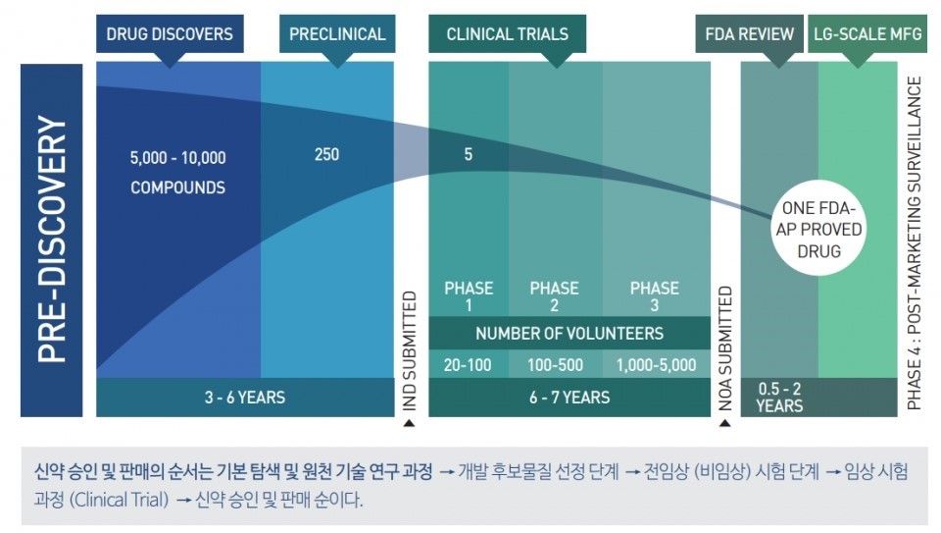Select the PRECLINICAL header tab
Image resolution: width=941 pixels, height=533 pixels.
(x=337, y=34)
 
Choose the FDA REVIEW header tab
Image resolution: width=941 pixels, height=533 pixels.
(x=750, y=34)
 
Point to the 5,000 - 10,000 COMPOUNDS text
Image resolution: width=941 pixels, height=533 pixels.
(x=177, y=172)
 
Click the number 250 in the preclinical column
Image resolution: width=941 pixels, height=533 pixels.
(x=327, y=155)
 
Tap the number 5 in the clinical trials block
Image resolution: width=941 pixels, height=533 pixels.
(x=468, y=155)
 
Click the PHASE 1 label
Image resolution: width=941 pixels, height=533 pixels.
(x=469, y=296)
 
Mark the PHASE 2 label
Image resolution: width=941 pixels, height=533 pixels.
(x=554, y=296)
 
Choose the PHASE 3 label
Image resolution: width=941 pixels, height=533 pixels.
(x=654, y=296)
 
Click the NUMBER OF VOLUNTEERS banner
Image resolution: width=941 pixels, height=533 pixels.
(x=570, y=333)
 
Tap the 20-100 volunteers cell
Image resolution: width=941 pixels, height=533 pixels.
(x=468, y=365)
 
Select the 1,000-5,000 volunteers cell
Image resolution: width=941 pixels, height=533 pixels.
(x=656, y=365)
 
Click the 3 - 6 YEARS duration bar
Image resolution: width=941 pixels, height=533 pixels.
(x=245, y=398)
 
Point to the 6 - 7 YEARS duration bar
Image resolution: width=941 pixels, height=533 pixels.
(x=570, y=398)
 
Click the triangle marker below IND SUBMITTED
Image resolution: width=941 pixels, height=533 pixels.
(x=409, y=424)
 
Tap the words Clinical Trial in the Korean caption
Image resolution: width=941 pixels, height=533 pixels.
(x=126, y=500)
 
